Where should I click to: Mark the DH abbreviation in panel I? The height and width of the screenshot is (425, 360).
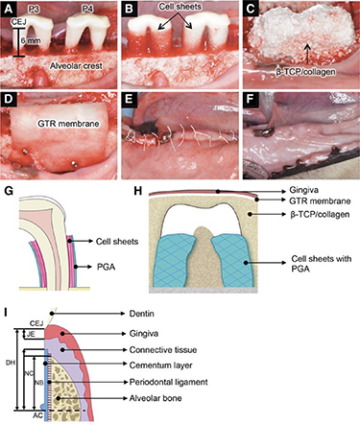pos(10,362)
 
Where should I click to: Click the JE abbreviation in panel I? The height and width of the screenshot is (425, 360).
pos(29,334)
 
